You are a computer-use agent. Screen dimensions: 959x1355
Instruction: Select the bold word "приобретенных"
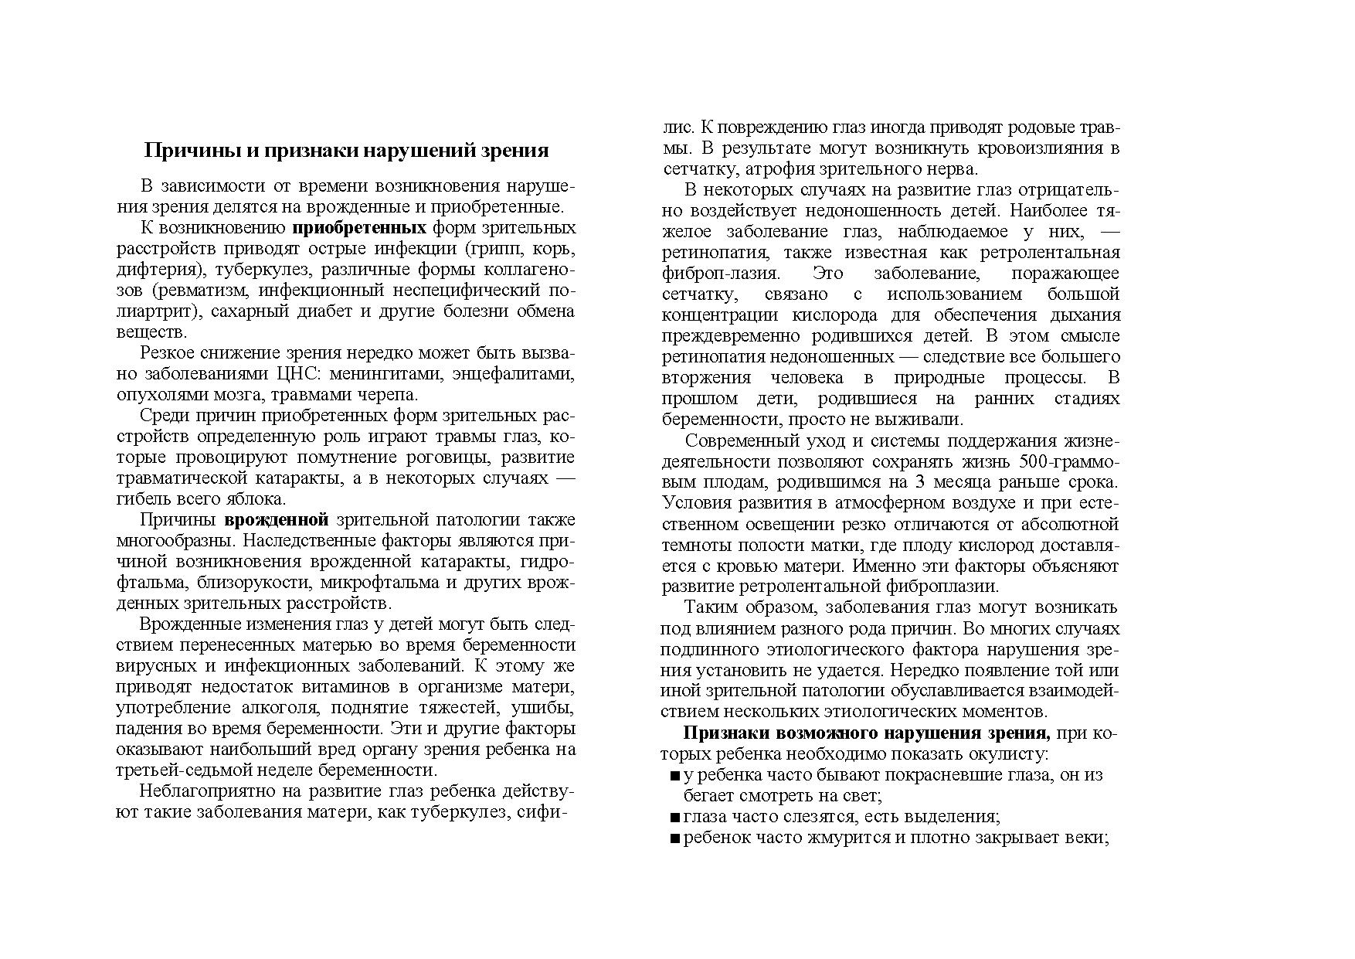tap(359, 228)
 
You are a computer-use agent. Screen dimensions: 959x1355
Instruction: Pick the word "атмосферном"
tap(906, 503)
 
